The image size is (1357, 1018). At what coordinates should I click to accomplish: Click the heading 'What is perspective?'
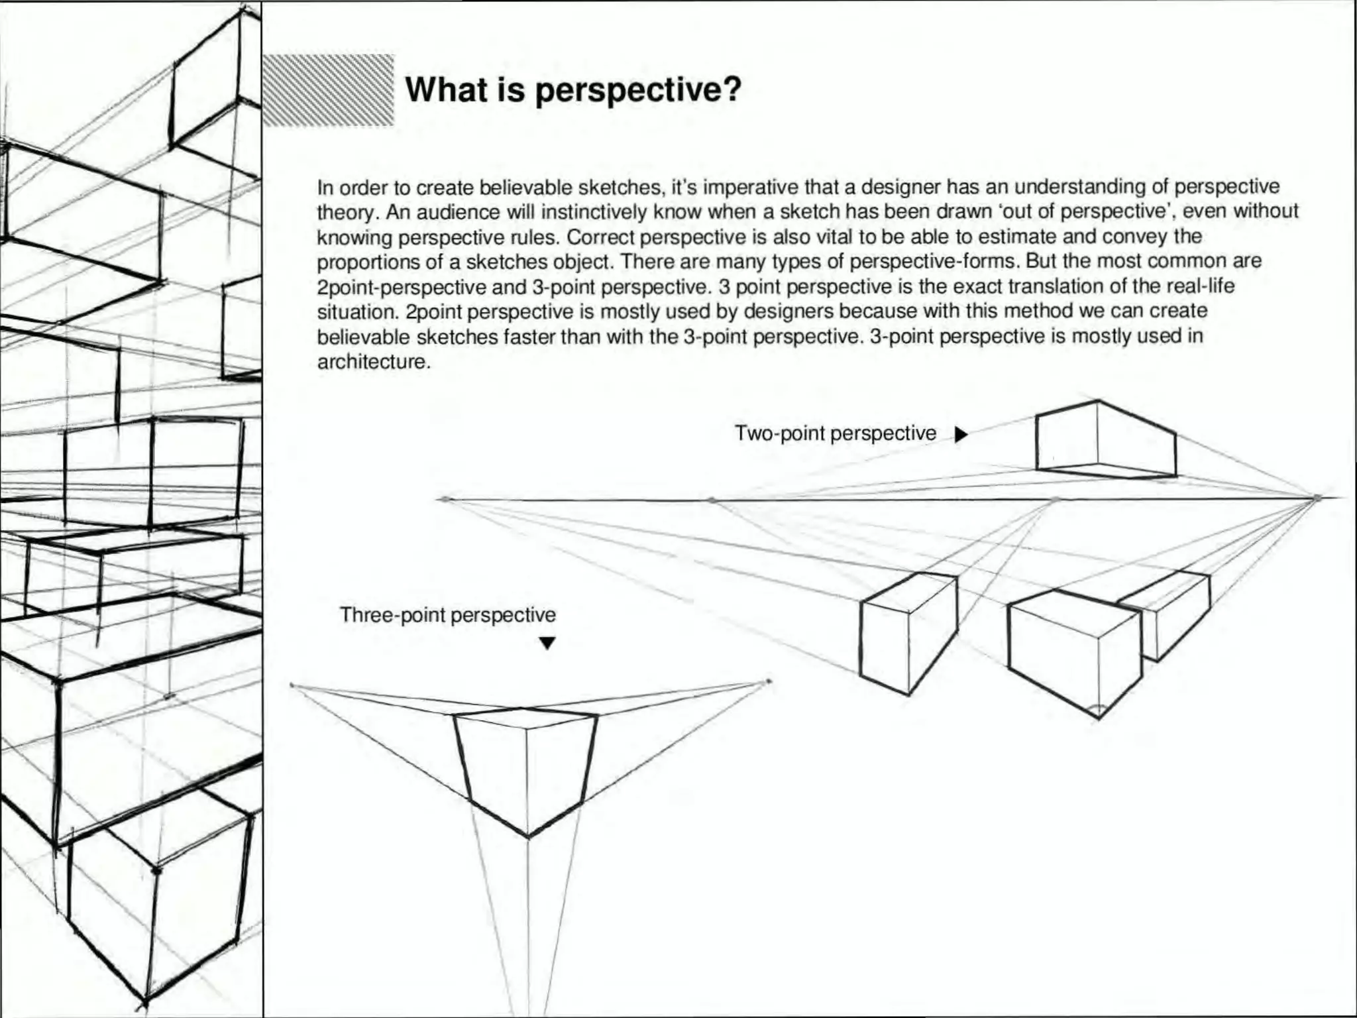tap(572, 89)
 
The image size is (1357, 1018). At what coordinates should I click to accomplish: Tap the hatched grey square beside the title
tap(329, 90)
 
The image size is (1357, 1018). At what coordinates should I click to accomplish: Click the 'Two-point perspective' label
tap(835, 433)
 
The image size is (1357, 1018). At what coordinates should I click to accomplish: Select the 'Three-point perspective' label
tap(448, 615)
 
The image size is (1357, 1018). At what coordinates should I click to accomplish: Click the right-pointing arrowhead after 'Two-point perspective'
tap(961, 435)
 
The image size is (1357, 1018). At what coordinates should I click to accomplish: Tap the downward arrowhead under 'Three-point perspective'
tap(547, 643)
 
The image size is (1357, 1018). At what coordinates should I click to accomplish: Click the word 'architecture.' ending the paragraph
tap(374, 362)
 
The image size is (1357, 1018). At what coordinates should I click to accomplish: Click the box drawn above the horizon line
tap(1105, 439)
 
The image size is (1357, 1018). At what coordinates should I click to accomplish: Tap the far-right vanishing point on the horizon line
tap(1317, 497)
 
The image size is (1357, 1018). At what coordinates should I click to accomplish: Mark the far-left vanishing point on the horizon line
tap(445, 499)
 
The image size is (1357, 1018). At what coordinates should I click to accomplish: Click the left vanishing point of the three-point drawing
tap(293, 685)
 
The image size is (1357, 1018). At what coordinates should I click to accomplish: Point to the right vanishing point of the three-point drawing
tap(769, 681)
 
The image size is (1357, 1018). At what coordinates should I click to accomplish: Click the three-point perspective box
tap(527, 769)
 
